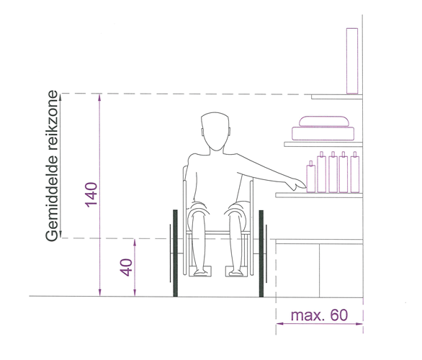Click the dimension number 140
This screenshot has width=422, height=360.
pyautogui.click(x=91, y=195)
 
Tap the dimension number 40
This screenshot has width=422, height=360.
pyautogui.click(x=126, y=267)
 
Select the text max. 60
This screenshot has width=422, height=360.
pyautogui.click(x=319, y=315)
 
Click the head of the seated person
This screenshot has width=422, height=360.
pyautogui.click(x=215, y=131)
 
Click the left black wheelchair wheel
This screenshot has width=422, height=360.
pyautogui.click(x=175, y=253)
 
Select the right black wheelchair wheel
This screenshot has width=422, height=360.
pyautogui.click(x=261, y=253)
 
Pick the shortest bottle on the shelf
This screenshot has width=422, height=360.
pyautogui.click(x=311, y=177)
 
